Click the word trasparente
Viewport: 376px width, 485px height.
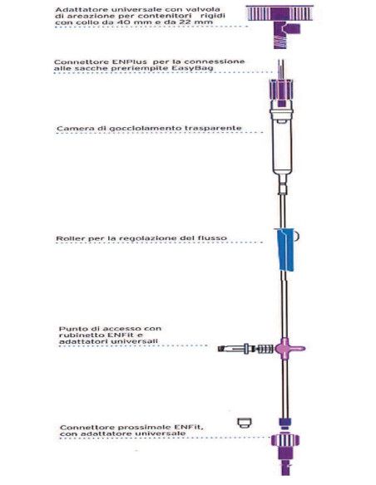pyautogui.click(x=212, y=129)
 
